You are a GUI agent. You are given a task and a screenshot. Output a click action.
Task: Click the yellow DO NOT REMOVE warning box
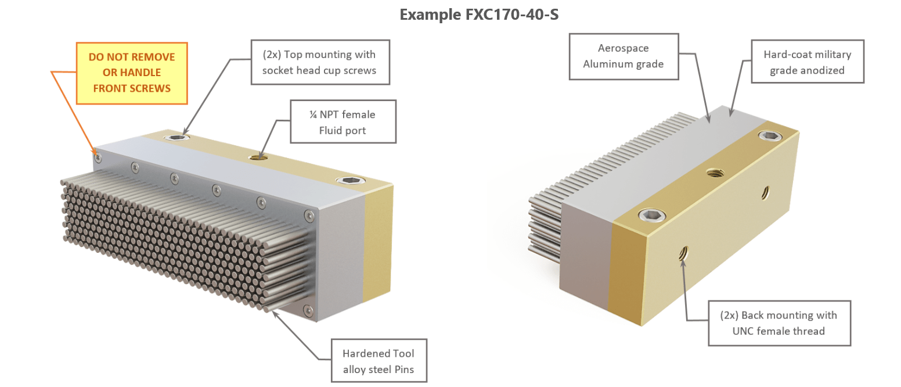pyautogui.click(x=132, y=73)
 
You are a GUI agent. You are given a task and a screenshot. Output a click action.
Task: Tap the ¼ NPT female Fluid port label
pyautogui.click(x=343, y=121)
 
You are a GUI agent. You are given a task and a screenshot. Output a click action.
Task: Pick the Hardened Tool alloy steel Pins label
pyautogui.click(x=379, y=360)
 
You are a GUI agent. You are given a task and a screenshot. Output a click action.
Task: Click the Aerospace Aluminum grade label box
pyautogui.click(x=624, y=56)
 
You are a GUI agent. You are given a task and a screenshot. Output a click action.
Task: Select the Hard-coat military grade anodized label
pyautogui.click(x=807, y=62)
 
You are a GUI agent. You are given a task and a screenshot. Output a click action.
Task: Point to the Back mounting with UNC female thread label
pyautogui.click(x=779, y=322)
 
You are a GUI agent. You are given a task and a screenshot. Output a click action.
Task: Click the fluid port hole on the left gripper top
pyautogui.click(x=257, y=157)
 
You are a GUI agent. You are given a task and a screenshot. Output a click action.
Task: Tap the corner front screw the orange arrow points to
pyautogui.click(x=98, y=157)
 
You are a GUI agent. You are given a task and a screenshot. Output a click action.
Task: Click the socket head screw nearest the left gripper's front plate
pyautogui.click(x=176, y=137)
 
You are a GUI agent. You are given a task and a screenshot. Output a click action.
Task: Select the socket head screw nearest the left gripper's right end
pyautogui.click(x=348, y=181)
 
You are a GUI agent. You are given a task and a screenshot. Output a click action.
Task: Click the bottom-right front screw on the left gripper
pyautogui.click(x=308, y=310)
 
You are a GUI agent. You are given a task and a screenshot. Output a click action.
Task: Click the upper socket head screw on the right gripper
pyautogui.click(x=770, y=136)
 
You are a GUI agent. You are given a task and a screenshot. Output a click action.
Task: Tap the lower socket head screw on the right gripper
pyautogui.click(x=649, y=216)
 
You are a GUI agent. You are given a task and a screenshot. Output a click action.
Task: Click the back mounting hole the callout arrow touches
pyautogui.click(x=683, y=253)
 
